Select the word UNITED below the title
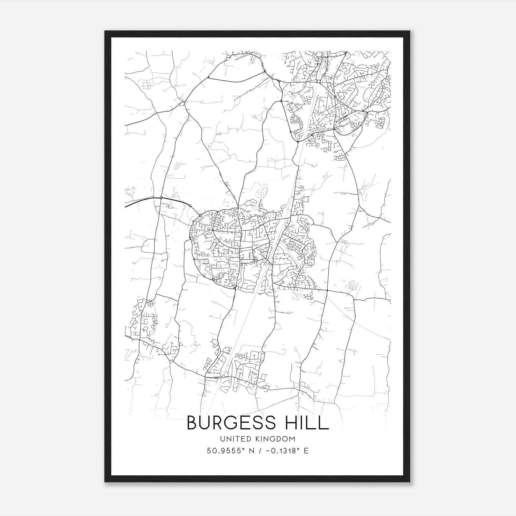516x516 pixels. [235, 439]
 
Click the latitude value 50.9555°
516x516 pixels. [225, 451]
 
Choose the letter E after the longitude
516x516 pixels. [306, 451]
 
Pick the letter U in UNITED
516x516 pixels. [222, 439]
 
